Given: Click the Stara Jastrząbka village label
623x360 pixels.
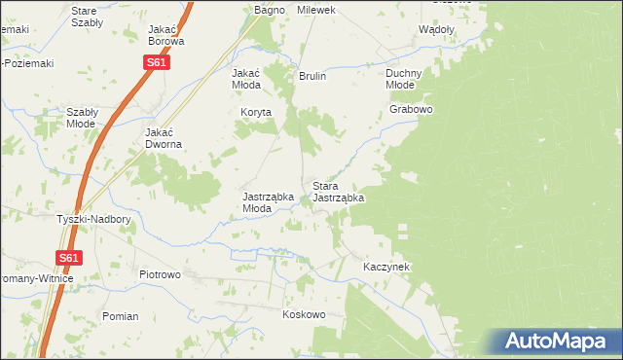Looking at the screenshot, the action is pos(338,192).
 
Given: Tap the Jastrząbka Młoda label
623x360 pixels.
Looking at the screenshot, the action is pos(268,201).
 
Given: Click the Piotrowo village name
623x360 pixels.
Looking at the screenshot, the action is pos(161,274).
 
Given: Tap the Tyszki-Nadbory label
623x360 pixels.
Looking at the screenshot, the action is pos(93,219).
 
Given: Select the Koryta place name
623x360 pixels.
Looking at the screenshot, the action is pos(257,113).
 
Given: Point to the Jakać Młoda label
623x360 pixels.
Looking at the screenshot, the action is pos(245,79).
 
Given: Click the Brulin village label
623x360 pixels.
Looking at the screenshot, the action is pos(312,76).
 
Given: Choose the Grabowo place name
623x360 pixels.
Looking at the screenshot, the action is pos(411,109).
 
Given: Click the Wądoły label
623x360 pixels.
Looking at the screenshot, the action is pos(436,29).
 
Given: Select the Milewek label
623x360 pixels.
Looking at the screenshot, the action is pos(316,10).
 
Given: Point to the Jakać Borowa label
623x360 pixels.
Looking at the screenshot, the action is pos(166,35).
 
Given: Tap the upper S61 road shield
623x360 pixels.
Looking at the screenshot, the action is pos(157,62).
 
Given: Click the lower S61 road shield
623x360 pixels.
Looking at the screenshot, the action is pos(67,258).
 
